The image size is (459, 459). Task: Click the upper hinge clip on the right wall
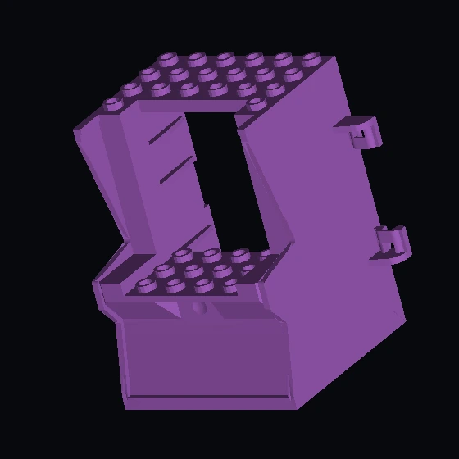tap(361, 132)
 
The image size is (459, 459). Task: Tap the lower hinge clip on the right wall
tap(392, 243)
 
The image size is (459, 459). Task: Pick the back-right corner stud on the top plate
tap(311, 58)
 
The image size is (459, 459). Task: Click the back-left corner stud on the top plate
tap(169, 58)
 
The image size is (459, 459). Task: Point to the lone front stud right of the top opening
tap(257, 102)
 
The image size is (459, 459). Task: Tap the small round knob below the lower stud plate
tap(198, 308)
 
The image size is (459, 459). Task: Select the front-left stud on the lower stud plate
tap(147, 284)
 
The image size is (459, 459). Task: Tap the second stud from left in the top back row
tap(198, 59)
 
